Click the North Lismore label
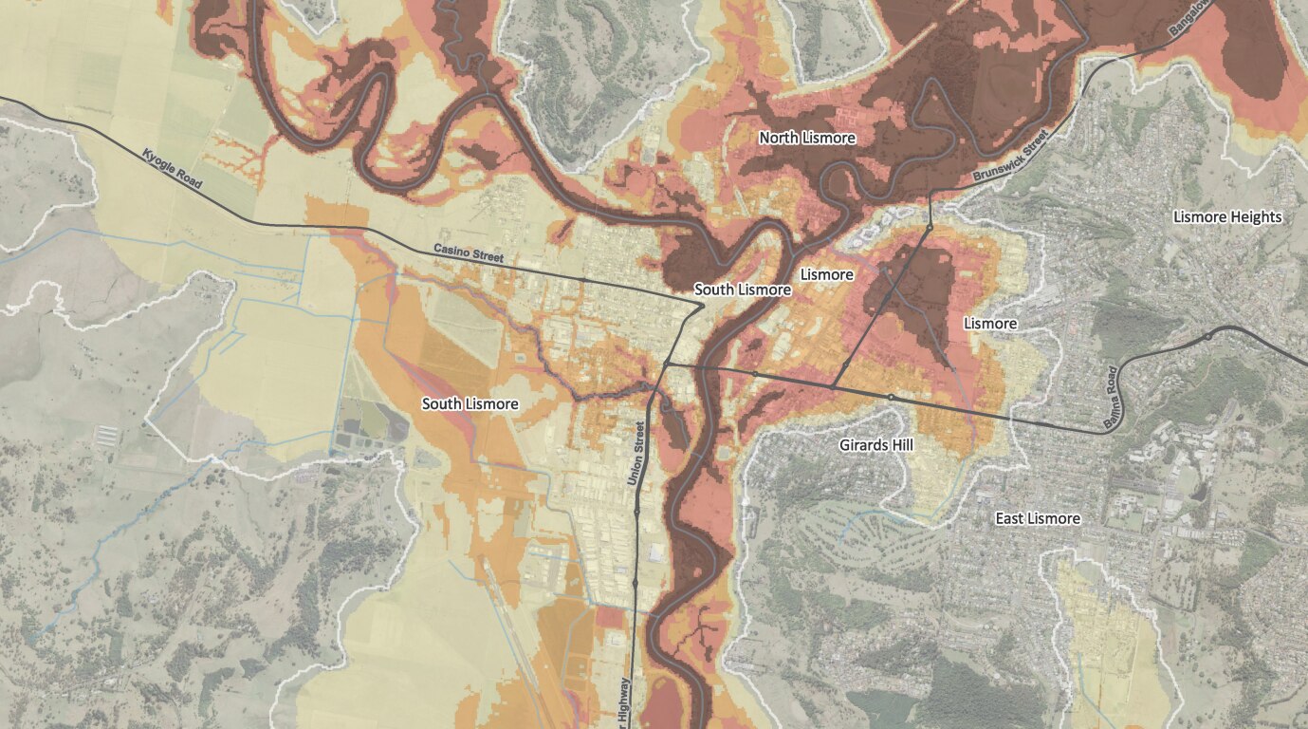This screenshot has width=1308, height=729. [x=807, y=139]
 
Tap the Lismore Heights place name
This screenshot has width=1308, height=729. [x=1227, y=217]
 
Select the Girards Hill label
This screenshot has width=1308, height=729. [x=876, y=444]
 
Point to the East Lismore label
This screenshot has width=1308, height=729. [x=1037, y=518]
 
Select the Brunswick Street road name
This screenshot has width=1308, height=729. [x=1012, y=158]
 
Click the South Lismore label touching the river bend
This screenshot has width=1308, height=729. [x=743, y=290]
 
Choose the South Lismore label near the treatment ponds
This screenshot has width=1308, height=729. [x=470, y=404]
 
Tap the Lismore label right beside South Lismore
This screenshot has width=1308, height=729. [x=826, y=275]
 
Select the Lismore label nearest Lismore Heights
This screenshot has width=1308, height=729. [x=990, y=324]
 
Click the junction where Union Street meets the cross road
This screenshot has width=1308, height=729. [x=668, y=364]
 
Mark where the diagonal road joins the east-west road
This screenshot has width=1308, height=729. [x=833, y=386]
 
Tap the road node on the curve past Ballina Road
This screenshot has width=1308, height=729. [x=1208, y=336]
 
